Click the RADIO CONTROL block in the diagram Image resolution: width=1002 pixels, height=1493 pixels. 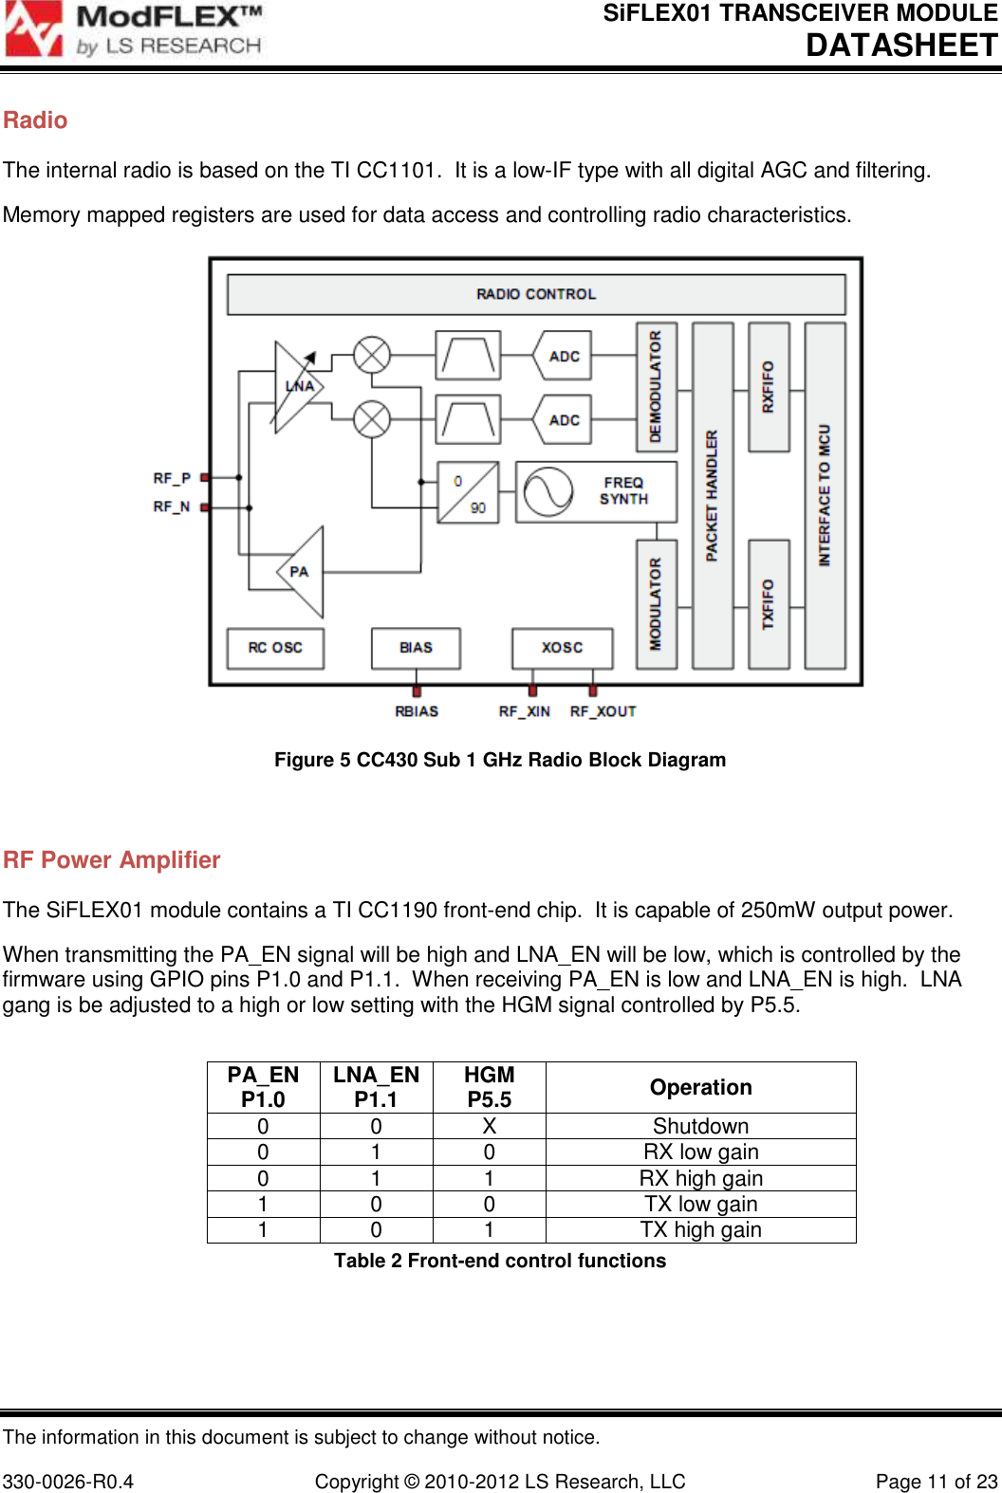coord(536,294)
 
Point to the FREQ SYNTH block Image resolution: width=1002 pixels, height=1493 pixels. coord(596,491)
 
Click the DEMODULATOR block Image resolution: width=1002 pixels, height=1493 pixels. coord(656,387)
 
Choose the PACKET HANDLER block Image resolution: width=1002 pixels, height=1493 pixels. coord(713,495)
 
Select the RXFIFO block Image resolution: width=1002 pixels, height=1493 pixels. coord(769,387)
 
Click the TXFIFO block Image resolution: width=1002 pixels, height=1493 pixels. coord(769,603)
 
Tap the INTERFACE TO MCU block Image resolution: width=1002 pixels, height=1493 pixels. coord(825,495)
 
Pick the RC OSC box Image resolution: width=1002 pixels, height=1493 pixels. coord(275,648)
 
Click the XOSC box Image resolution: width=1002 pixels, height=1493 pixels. coord(562,648)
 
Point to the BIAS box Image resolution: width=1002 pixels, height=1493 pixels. coord(416,648)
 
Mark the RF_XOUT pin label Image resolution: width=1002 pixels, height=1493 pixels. coord(603,711)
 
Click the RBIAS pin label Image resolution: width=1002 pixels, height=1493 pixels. coord(417,711)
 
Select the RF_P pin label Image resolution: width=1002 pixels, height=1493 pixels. coord(172,478)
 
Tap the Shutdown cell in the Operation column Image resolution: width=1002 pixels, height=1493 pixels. coord(700,1126)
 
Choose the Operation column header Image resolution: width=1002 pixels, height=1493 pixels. coord(700,1087)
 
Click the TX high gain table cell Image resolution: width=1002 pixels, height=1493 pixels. coord(700,1230)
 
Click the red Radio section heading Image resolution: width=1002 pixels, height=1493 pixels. coord(35,120)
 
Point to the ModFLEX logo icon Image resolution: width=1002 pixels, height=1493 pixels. coord(34,29)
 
